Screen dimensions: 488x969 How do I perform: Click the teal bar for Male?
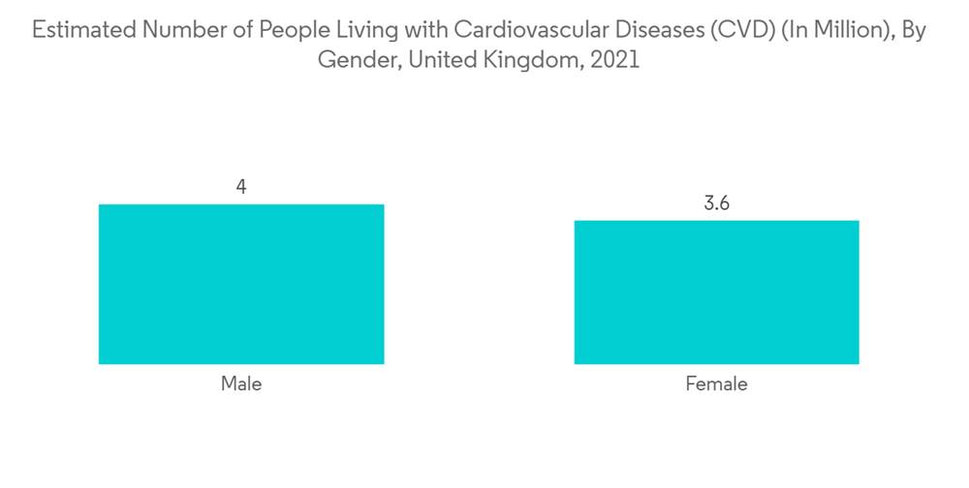241,284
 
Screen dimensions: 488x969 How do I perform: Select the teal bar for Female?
716,291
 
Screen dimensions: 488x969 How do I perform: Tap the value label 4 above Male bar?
241,187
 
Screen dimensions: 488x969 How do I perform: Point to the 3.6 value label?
716,203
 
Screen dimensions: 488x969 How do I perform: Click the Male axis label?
241,383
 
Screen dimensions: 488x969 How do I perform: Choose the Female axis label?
716,383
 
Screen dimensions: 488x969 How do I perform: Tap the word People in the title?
290,31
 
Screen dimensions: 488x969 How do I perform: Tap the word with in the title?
419,31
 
